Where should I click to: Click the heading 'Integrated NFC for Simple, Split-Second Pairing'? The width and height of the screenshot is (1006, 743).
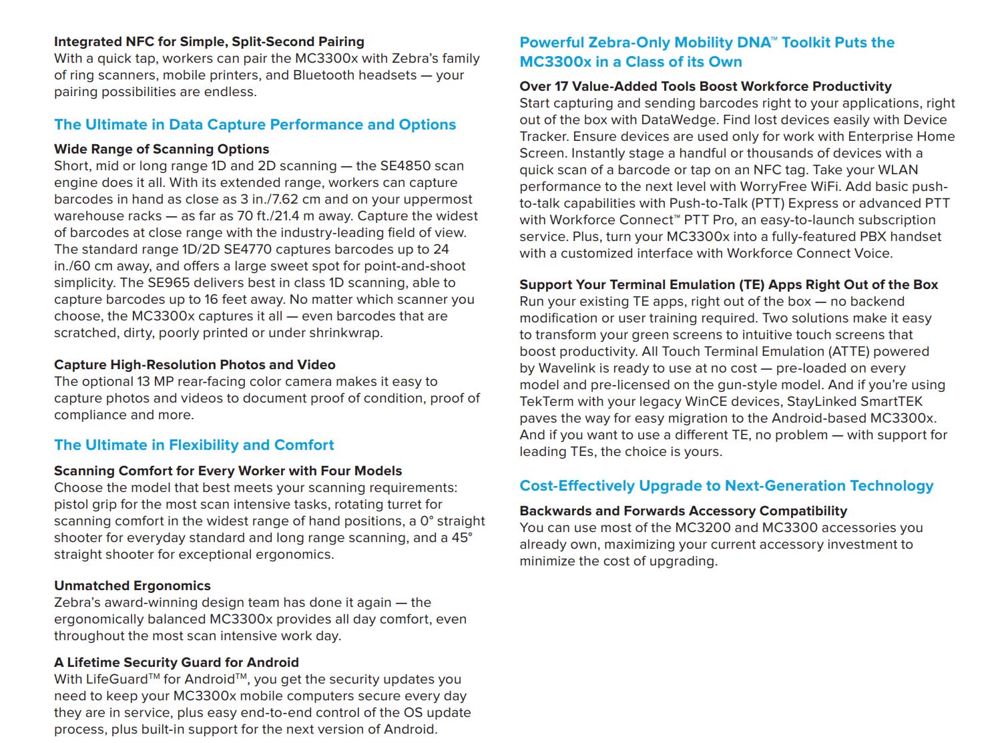209,42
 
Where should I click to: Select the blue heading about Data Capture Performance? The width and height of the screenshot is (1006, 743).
255,125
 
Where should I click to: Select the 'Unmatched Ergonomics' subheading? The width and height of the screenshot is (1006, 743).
132,586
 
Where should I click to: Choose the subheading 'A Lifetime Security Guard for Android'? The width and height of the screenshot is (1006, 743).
176,663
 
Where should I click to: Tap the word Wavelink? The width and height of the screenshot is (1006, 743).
571,368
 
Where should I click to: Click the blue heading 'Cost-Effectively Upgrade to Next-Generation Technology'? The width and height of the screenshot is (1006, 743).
726,486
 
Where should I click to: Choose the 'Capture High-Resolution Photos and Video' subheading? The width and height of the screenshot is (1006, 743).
195,365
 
